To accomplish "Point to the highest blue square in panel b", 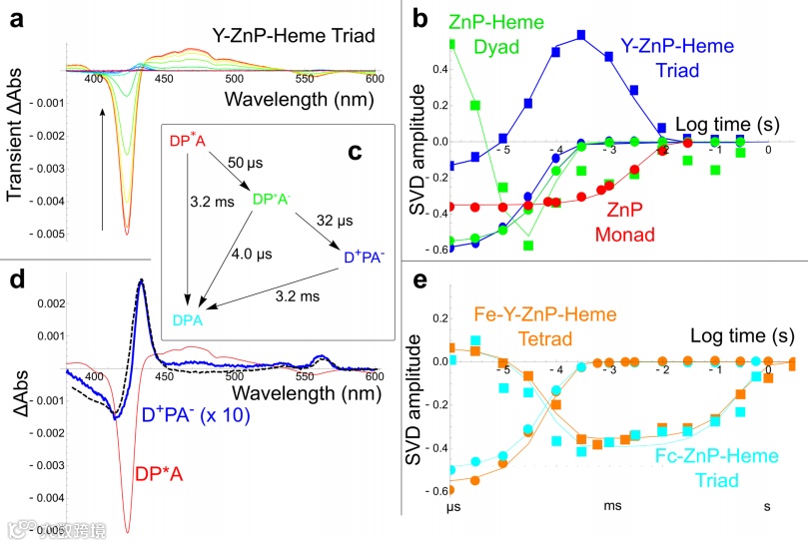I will click(x=580, y=35).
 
